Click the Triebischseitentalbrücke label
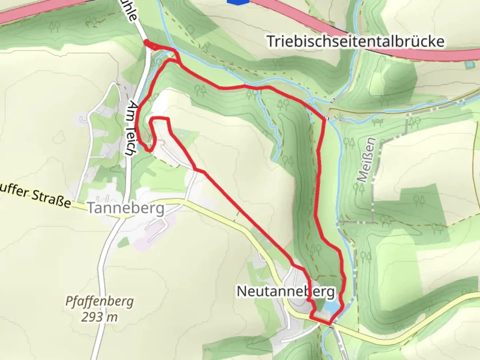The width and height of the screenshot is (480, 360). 356,42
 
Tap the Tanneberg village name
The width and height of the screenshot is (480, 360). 126,208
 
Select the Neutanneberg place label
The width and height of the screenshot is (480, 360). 285,292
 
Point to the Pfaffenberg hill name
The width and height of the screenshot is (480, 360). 99,302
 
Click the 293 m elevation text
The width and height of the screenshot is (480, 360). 99,317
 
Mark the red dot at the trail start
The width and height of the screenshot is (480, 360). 146,42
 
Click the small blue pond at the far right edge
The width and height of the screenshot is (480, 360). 470,64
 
